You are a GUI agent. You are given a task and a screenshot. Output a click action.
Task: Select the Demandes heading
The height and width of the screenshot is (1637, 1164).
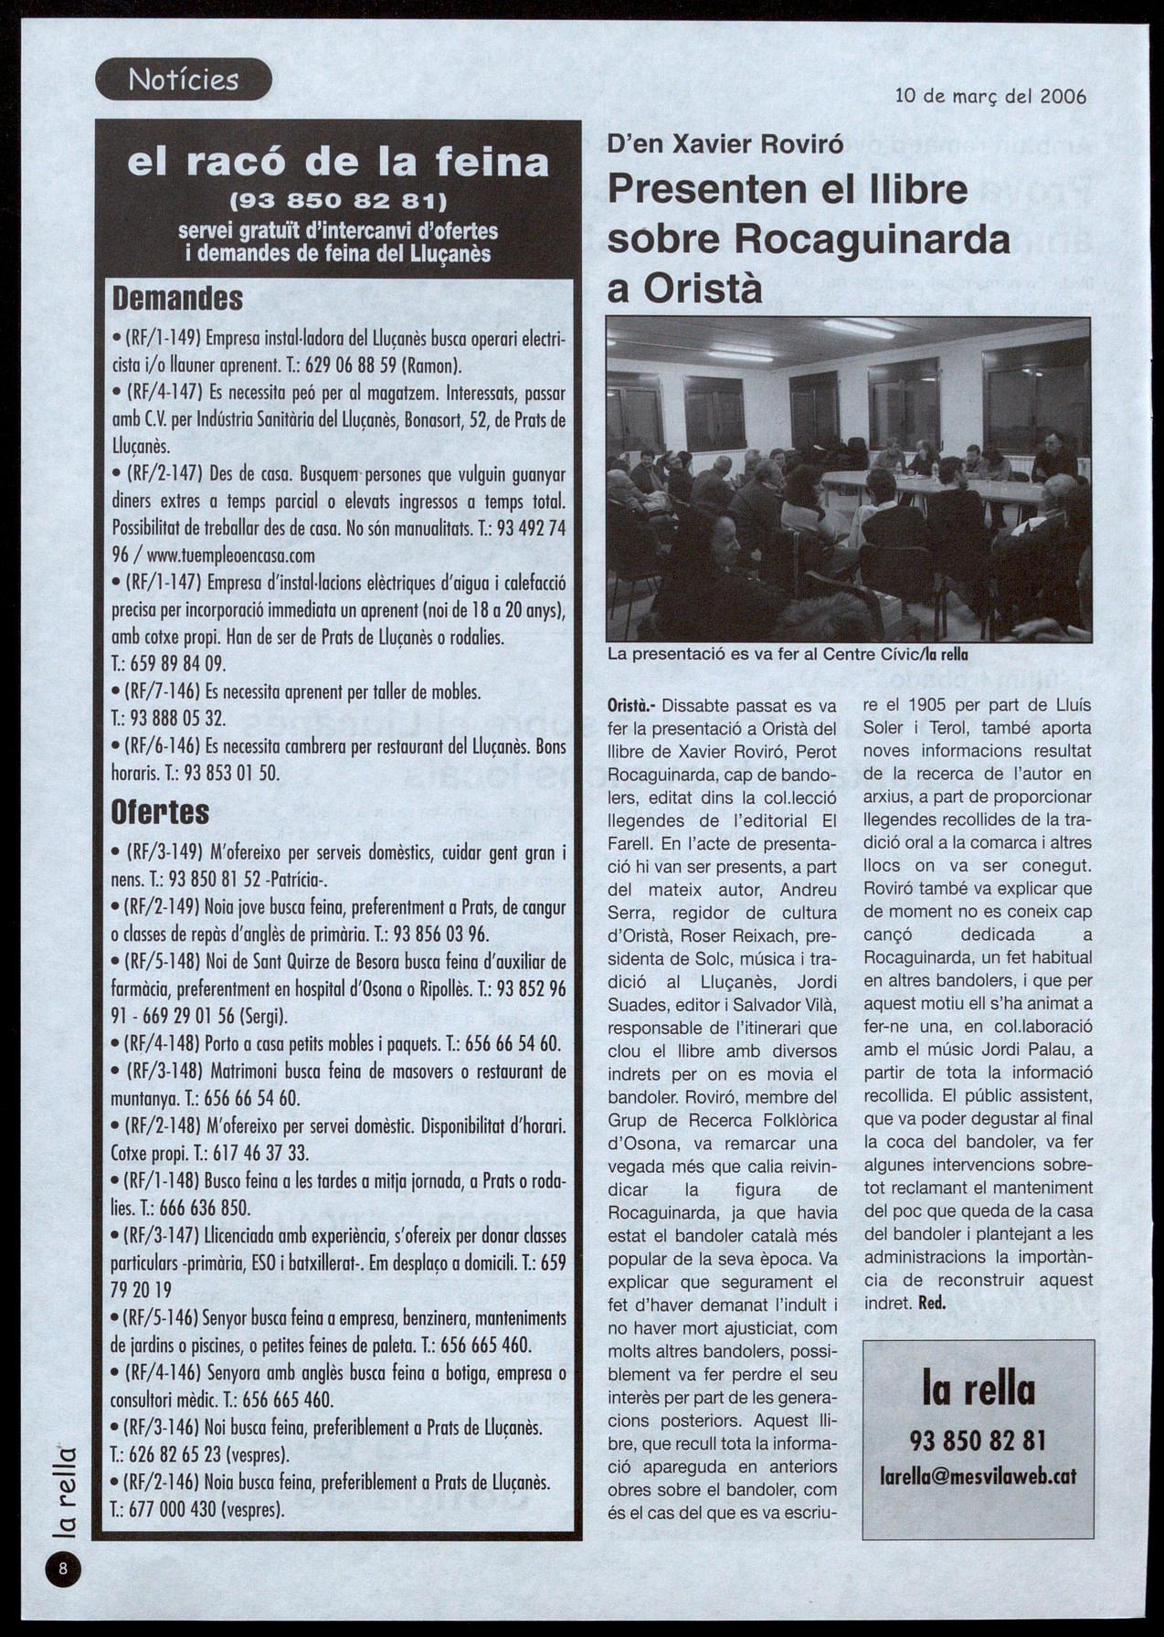point(177,299)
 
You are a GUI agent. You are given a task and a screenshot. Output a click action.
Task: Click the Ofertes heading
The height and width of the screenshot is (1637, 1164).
point(160,811)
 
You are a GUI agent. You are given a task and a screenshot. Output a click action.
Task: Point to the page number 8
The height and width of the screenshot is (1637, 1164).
point(63,1569)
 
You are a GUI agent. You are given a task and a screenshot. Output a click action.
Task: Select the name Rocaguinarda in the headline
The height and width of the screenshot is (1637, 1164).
point(872,239)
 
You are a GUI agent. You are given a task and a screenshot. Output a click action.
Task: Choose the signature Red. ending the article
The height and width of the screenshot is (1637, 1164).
point(931,1304)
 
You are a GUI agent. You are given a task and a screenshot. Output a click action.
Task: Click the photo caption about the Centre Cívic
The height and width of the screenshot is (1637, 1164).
point(788,654)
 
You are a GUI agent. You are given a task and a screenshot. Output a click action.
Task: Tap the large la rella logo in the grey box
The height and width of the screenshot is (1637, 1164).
point(978,1390)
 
